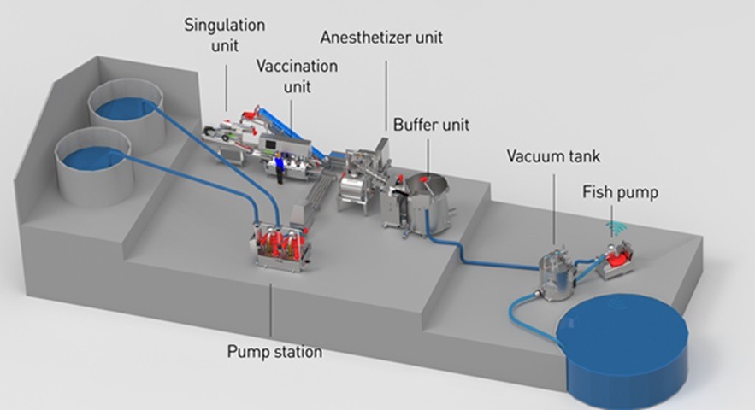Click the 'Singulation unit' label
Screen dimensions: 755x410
tap(224, 35)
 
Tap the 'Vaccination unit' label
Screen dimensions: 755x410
tap(297, 76)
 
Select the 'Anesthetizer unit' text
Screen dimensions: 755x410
tap(381, 38)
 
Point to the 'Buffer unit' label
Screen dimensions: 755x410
tap(431, 125)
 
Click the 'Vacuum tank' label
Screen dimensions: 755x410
tap(553, 156)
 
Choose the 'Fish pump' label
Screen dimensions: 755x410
tap(620, 192)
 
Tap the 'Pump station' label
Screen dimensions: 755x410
tap(274, 352)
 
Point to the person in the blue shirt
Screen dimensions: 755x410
tap(278, 168)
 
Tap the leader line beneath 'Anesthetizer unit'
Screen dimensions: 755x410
tap(386, 96)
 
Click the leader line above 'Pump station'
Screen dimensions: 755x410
tap(270, 310)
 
